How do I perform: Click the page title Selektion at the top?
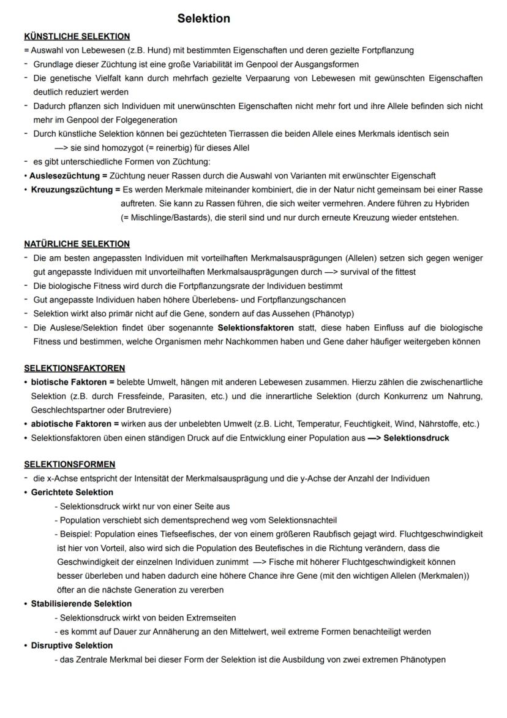[x=204, y=19]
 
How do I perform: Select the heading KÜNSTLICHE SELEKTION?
[x=77, y=37]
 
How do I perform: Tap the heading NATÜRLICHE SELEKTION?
[x=77, y=244]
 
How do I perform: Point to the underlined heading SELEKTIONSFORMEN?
[x=70, y=464]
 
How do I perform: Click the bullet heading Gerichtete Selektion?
[x=72, y=492]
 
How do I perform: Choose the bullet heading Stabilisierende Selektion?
[x=81, y=604]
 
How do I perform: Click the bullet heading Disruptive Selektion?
[x=72, y=646]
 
